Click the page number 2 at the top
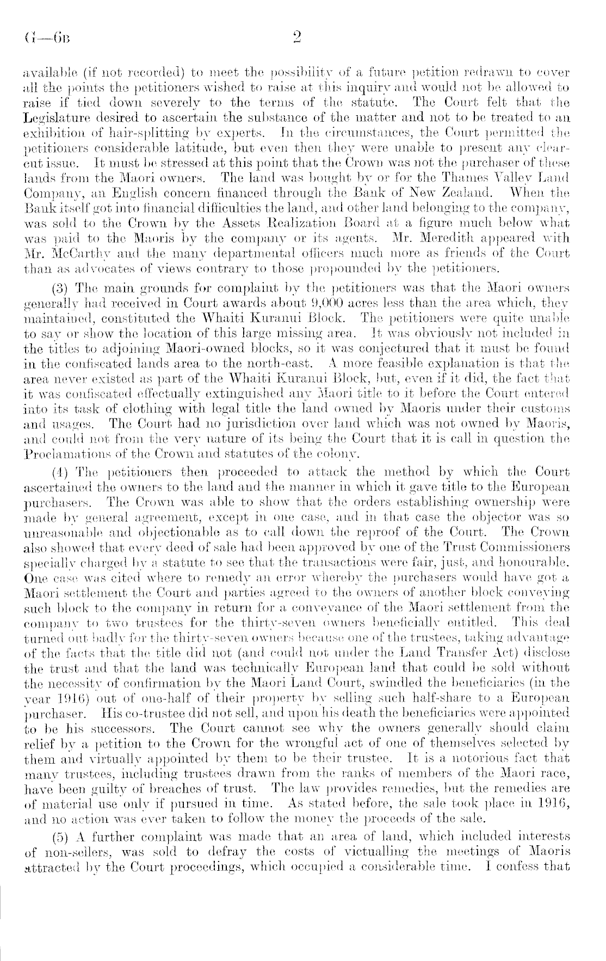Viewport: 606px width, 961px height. (x=296, y=37)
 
